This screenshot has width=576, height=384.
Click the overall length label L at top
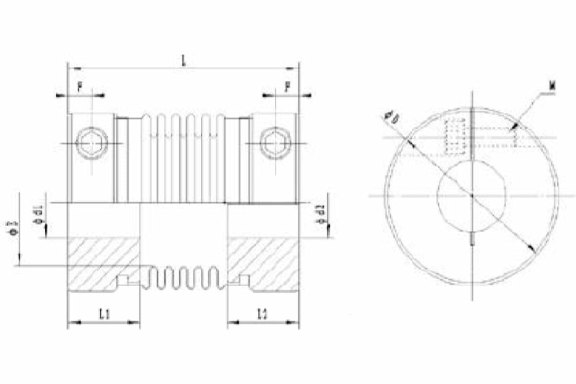pyautogui.click(x=183, y=61)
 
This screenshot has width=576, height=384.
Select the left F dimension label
pyautogui.click(x=80, y=87)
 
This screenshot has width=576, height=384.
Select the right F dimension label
pyautogui.click(x=287, y=87)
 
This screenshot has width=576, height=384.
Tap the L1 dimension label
pyautogui.click(x=104, y=314)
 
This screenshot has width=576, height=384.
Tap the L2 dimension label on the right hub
pyautogui.click(x=263, y=314)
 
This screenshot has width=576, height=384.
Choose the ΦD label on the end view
pyautogui.click(x=391, y=117)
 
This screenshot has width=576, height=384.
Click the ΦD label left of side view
pyautogui.click(x=12, y=228)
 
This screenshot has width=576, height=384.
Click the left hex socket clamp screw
pyautogui.click(x=92, y=143)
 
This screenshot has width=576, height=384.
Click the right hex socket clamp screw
pyautogui.click(x=276, y=143)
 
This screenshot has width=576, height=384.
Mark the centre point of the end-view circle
pyautogui.click(x=472, y=195)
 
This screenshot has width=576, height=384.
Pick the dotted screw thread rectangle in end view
pyautogui.click(x=456, y=136)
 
